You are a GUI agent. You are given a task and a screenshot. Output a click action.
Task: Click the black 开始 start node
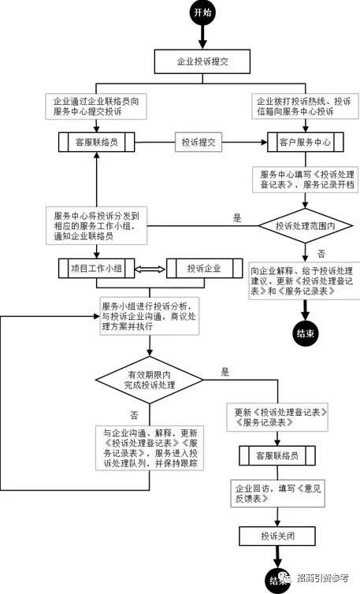(x=201, y=13)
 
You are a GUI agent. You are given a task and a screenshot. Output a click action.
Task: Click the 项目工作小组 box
(x=95, y=269)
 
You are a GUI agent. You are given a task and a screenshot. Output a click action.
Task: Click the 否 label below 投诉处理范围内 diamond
(x=321, y=254)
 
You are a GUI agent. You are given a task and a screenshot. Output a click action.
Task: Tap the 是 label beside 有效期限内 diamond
(x=225, y=370)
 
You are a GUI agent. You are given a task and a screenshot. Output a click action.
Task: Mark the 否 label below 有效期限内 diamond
(x=133, y=414)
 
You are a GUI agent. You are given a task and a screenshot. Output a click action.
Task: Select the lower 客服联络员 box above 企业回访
(x=276, y=455)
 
